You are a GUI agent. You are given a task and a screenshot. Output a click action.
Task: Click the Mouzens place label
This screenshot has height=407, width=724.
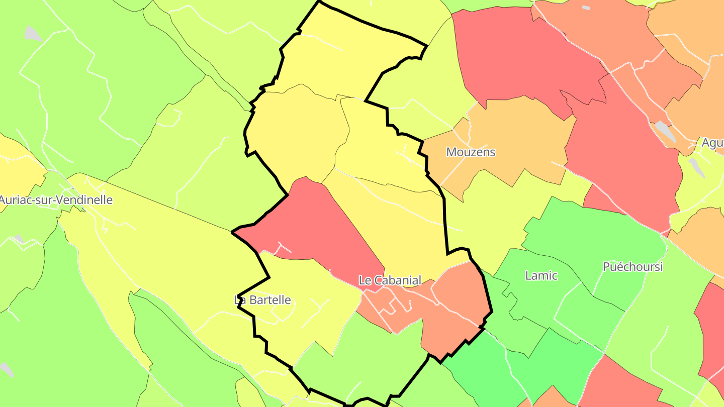pyautogui.click(x=471, y=152)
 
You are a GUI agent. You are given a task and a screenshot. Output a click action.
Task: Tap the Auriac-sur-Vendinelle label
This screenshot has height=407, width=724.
pyautogui.click(x=55, y=200)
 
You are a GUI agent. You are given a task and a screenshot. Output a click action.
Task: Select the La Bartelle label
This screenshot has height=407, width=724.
pyautogui.click(x=263, y=300)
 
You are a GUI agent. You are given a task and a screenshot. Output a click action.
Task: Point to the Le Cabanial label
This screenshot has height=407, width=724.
pyautogui.click(x=390, y=280)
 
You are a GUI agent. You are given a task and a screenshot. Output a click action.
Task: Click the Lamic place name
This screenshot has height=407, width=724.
pyautogui.click(x=541, y=275)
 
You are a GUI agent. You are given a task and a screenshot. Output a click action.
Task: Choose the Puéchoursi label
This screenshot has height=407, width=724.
pyautogui.click(x=632, y=267)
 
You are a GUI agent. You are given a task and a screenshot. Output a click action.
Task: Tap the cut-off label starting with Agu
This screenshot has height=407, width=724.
pyautogui.click(x=712, y=143)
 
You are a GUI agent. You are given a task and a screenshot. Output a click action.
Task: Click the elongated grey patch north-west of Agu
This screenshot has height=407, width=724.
pyautogui.click(x=665, y=131)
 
